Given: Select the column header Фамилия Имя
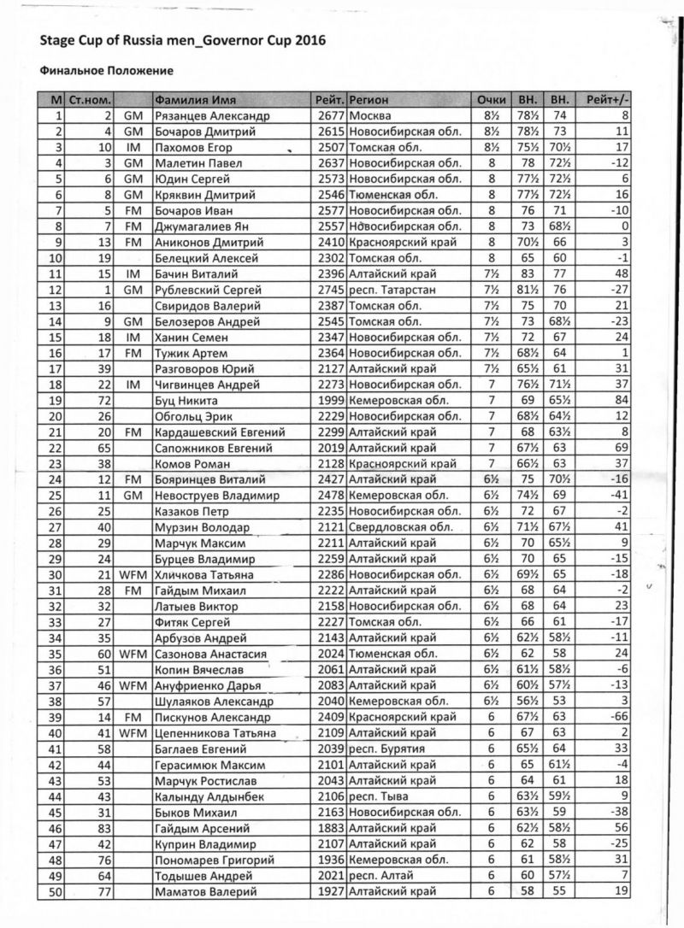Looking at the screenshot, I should (191, 99).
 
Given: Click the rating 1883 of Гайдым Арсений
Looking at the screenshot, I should (330, 829).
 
